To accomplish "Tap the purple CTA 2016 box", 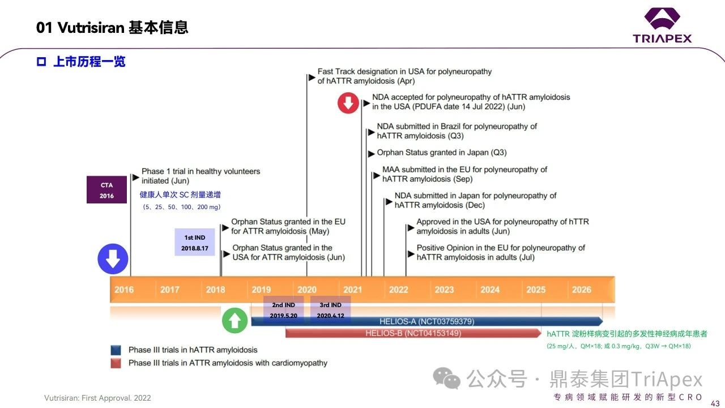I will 106,190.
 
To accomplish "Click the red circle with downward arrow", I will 348,103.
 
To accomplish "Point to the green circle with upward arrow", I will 234,321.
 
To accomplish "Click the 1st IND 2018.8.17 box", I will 195,243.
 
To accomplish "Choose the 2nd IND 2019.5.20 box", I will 283,310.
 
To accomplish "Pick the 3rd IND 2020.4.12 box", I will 331,310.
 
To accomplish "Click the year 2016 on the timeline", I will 124,290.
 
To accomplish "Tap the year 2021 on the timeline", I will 352,290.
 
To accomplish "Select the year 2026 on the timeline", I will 581,290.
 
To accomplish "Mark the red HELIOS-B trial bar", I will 413,333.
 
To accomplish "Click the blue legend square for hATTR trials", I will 116,350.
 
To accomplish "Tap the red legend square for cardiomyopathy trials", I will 116,363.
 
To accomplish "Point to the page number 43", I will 715,402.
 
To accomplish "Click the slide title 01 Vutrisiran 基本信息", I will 112,27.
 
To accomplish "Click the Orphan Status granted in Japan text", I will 441,152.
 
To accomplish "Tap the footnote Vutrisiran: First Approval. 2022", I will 97,398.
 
